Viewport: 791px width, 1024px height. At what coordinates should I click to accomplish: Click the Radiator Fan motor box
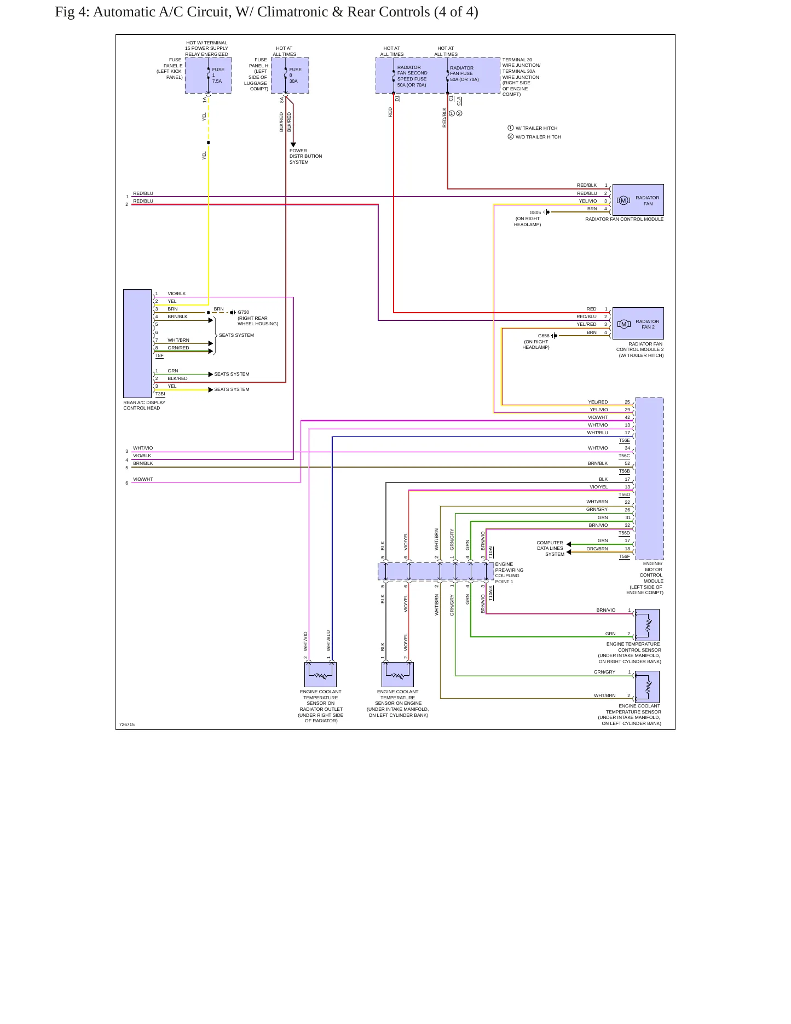pos(638,200)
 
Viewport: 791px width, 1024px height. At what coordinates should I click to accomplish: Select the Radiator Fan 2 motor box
pos(638,324)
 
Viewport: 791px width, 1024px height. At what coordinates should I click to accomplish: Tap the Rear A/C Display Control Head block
pos(137,343)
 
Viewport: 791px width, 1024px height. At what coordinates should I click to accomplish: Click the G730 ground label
pos(243,312)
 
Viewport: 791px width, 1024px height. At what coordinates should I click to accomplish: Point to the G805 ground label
pos(535,212)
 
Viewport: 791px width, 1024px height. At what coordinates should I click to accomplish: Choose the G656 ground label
pos(544,336)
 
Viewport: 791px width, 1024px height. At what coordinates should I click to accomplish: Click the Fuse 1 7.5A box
pos(209,76)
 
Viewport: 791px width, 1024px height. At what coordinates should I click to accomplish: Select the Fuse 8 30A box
pos(290,76)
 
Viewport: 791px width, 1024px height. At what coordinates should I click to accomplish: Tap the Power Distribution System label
pos(305,156)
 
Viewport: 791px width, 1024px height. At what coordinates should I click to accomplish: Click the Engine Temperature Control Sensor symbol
pos(647,625)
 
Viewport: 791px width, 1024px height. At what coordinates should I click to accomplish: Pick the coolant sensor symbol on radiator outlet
pos(321,675)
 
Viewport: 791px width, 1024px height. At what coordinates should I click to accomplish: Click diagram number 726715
pos(126,724)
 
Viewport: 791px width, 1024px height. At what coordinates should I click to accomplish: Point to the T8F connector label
pos(159,356)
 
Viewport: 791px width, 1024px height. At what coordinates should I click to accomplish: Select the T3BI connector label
pos(160,394)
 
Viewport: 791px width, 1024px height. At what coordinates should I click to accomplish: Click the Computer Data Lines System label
pos(550,548)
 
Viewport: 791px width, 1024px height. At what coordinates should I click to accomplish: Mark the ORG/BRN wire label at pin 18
pos(597,549)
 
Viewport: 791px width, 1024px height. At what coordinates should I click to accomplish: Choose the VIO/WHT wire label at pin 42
pos(598,417)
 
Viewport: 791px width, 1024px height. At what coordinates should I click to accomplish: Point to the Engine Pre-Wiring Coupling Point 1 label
pos(509,573)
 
